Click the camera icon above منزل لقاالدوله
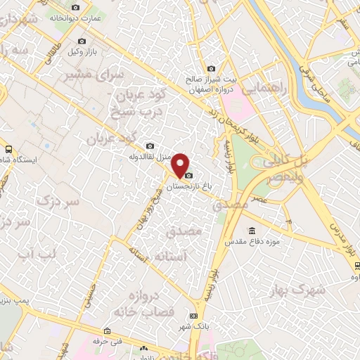point(148,146)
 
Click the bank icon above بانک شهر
point(193,314)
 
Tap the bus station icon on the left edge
point(8,149)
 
